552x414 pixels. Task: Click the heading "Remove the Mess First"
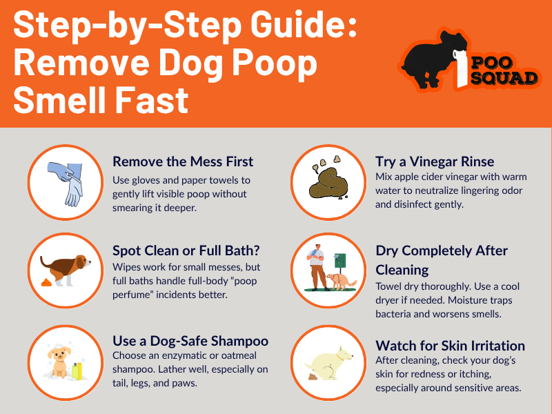(183, 161)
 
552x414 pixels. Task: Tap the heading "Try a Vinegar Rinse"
(435, 162)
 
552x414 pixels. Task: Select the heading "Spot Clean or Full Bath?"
(186, 250)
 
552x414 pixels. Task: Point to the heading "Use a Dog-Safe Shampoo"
(190, 341)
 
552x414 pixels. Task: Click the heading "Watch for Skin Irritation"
(451, 346)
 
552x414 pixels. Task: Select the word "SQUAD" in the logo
(504, 78)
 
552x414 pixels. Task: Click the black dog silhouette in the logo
(434, 59)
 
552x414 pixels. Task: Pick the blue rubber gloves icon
(66, 183)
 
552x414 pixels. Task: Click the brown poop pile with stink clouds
(328, 179)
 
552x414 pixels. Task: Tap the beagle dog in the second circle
(66, 268)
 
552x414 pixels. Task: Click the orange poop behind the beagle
(46, 282)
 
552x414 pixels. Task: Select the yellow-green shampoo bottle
(77, 371)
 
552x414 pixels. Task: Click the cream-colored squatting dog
(329, 364)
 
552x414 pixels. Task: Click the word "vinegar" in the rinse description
(443, 177)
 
